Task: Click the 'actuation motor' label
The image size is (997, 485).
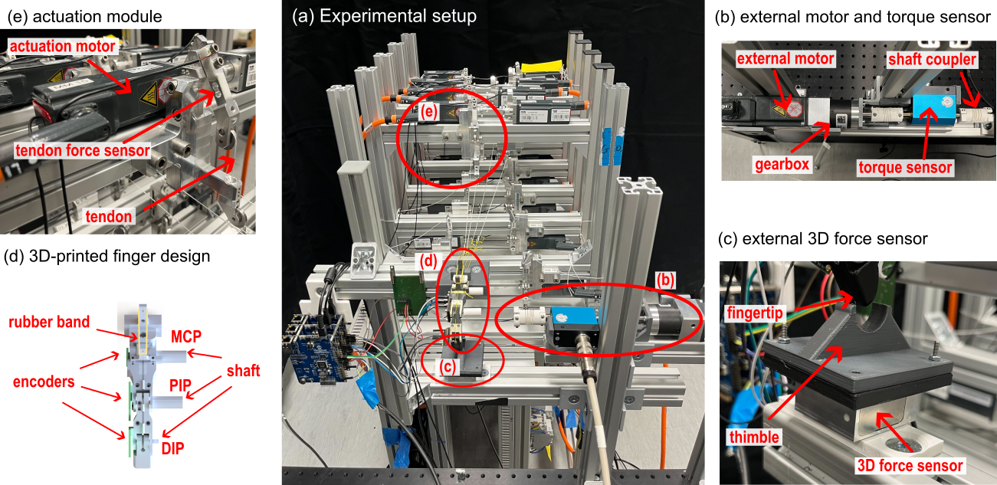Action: pyautogui.click(x=62, y=46)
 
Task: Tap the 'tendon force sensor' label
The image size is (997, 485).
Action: pyautogui.click(x=82, y=150)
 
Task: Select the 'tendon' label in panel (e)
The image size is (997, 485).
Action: pyautogui.click(x=109, y=216)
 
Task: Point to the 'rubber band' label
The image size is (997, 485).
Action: pyautogui.click(x=49, y=322)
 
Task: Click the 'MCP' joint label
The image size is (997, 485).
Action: pyautogui.click(x=186, y=336)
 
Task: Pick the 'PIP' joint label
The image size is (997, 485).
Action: pyautogui.click(x=180, y=385)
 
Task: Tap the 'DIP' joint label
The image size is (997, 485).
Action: pyautogui.click(x=172, y=448)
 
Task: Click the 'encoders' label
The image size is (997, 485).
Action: pyautogui.click(x=44, y=382)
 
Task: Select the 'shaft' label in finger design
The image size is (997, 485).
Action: pyautogui.click(x=243, y=370)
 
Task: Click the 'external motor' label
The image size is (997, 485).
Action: pyautogui.click(x=785, y=58)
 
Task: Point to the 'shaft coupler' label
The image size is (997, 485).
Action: pyautogui.click(x=932, y=59)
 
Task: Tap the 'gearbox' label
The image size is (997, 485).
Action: pyautogui.click(x=782, y=164)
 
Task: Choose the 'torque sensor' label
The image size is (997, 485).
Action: pyautogui.click(x=905, y=167)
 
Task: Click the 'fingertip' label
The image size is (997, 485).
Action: pyautogui.click(x=754, y=313)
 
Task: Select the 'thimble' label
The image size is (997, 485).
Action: pyautogui.click(x=754, y=437)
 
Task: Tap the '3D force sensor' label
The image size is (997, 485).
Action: pyautogui.click(x=910, y=465)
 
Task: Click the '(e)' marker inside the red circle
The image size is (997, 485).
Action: pyautogui.click(x=428, y=112)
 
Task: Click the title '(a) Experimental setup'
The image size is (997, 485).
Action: pyautogui.click(x=384, y=16)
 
